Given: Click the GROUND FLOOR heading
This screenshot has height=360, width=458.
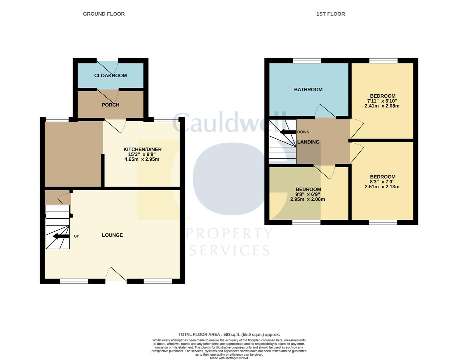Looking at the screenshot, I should (x=104, y=14).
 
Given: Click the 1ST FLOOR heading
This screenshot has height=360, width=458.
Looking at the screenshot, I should (x=330, y=14).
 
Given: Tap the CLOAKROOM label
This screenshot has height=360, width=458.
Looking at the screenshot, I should (x=110, y=76).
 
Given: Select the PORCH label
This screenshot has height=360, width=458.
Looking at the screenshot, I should (x=110, y=105).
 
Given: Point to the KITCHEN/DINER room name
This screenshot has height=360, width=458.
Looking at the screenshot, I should (x=142, y=149).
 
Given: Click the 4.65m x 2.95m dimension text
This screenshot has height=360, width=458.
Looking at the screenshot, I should (x=142, y=159).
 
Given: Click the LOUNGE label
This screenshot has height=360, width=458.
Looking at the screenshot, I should (x=112, y=235).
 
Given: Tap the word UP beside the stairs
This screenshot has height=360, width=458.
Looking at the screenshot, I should (x=76, y=236).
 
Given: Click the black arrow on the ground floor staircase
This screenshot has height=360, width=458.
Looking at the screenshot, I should (x=61, y=236).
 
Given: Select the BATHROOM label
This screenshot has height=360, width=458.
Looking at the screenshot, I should (x=308, y=90).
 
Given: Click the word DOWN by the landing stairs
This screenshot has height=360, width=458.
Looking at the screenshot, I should (x=303, y=132).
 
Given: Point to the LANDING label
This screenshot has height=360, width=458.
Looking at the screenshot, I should (x=308, y=142).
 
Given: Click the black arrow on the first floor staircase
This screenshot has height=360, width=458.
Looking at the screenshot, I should (x=288, y=132).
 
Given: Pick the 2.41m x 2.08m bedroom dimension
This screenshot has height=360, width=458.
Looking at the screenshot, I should (x=382, y=106).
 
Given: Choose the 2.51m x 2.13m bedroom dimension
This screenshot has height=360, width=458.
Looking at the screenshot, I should (x=382, y=187).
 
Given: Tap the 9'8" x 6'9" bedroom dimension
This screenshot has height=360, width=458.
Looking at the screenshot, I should (x=308, y=194).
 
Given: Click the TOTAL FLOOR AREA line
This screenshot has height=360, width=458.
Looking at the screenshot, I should (x=229, y=334).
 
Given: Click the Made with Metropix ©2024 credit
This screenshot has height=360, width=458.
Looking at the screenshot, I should (x=229, y=358).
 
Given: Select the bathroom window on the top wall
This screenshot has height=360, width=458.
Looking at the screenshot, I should (x=307, y=61).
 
